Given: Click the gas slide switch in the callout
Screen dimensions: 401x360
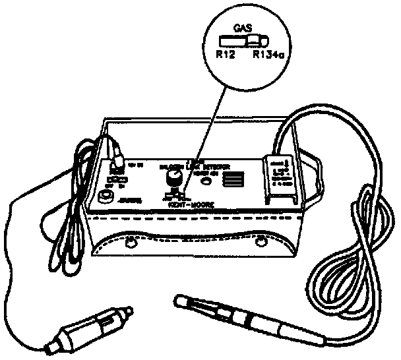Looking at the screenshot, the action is point(245,42).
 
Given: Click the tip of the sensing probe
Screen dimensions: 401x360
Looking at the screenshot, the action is point(179,301).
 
